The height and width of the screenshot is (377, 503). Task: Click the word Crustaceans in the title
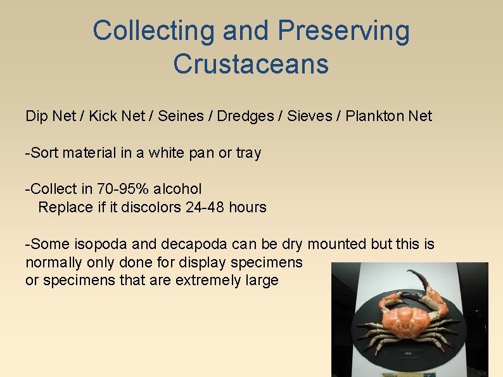(x=251, y=63)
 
